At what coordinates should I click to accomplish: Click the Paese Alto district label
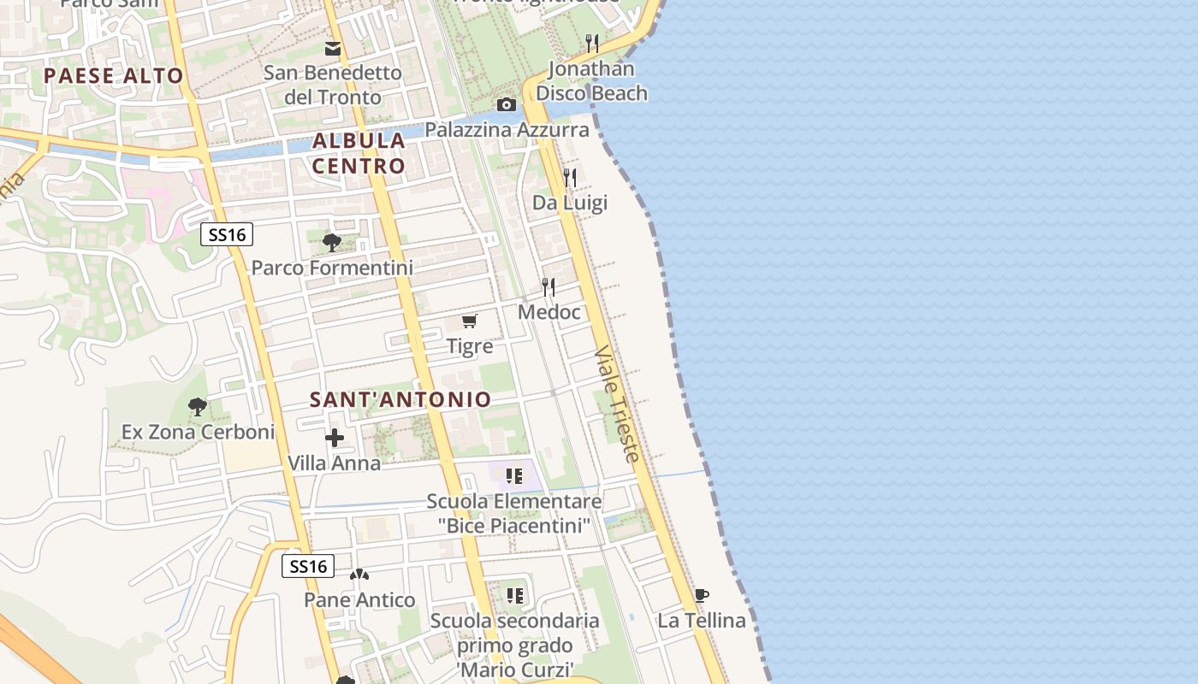pyautogui.click(x=114, y=75)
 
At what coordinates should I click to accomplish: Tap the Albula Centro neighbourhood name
pyautogui.click(x=359, y=153)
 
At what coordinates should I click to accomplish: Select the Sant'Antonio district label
pyautogui.click(x=400, y=399)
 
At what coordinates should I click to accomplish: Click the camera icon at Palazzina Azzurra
pyautogui.click(x=507, y=105)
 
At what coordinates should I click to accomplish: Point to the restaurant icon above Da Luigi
pyautogui.click(x=570, y=178)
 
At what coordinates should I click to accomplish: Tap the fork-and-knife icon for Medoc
pyautogui.click(x=549, y=287)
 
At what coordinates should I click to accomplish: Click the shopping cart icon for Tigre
pyautogui.click(x=469, y=321)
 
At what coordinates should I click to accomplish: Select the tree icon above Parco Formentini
pyautogui.click(x=332, y=243)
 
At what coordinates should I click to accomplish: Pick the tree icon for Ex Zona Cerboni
pyautogui.click(x=198, y=407)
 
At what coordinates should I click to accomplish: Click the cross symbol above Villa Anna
pyautogui.click(x=335, y=439)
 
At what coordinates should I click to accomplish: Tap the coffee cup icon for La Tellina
pyautogui.click(x=701, y=596)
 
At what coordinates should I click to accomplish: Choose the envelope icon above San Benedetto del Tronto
pyautogui.click(x=333, y=49)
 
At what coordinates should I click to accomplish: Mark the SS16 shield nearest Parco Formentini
pyautogui.click(x=227, y=234)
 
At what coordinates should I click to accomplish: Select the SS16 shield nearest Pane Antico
pyautogui.click(x=308, y=566)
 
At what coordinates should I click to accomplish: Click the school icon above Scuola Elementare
pyautogui.click(x=513, y=476)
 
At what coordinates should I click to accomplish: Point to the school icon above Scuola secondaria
pyautogui.click(x=514, y=596)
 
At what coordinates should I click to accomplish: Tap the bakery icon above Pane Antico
pyautogui.click(x=359, y=575)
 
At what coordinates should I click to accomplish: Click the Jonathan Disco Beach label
pyautogui.click(x=592, y=80)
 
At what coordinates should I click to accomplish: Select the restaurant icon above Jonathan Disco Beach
pyautogui.click(x=591, y=43)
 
